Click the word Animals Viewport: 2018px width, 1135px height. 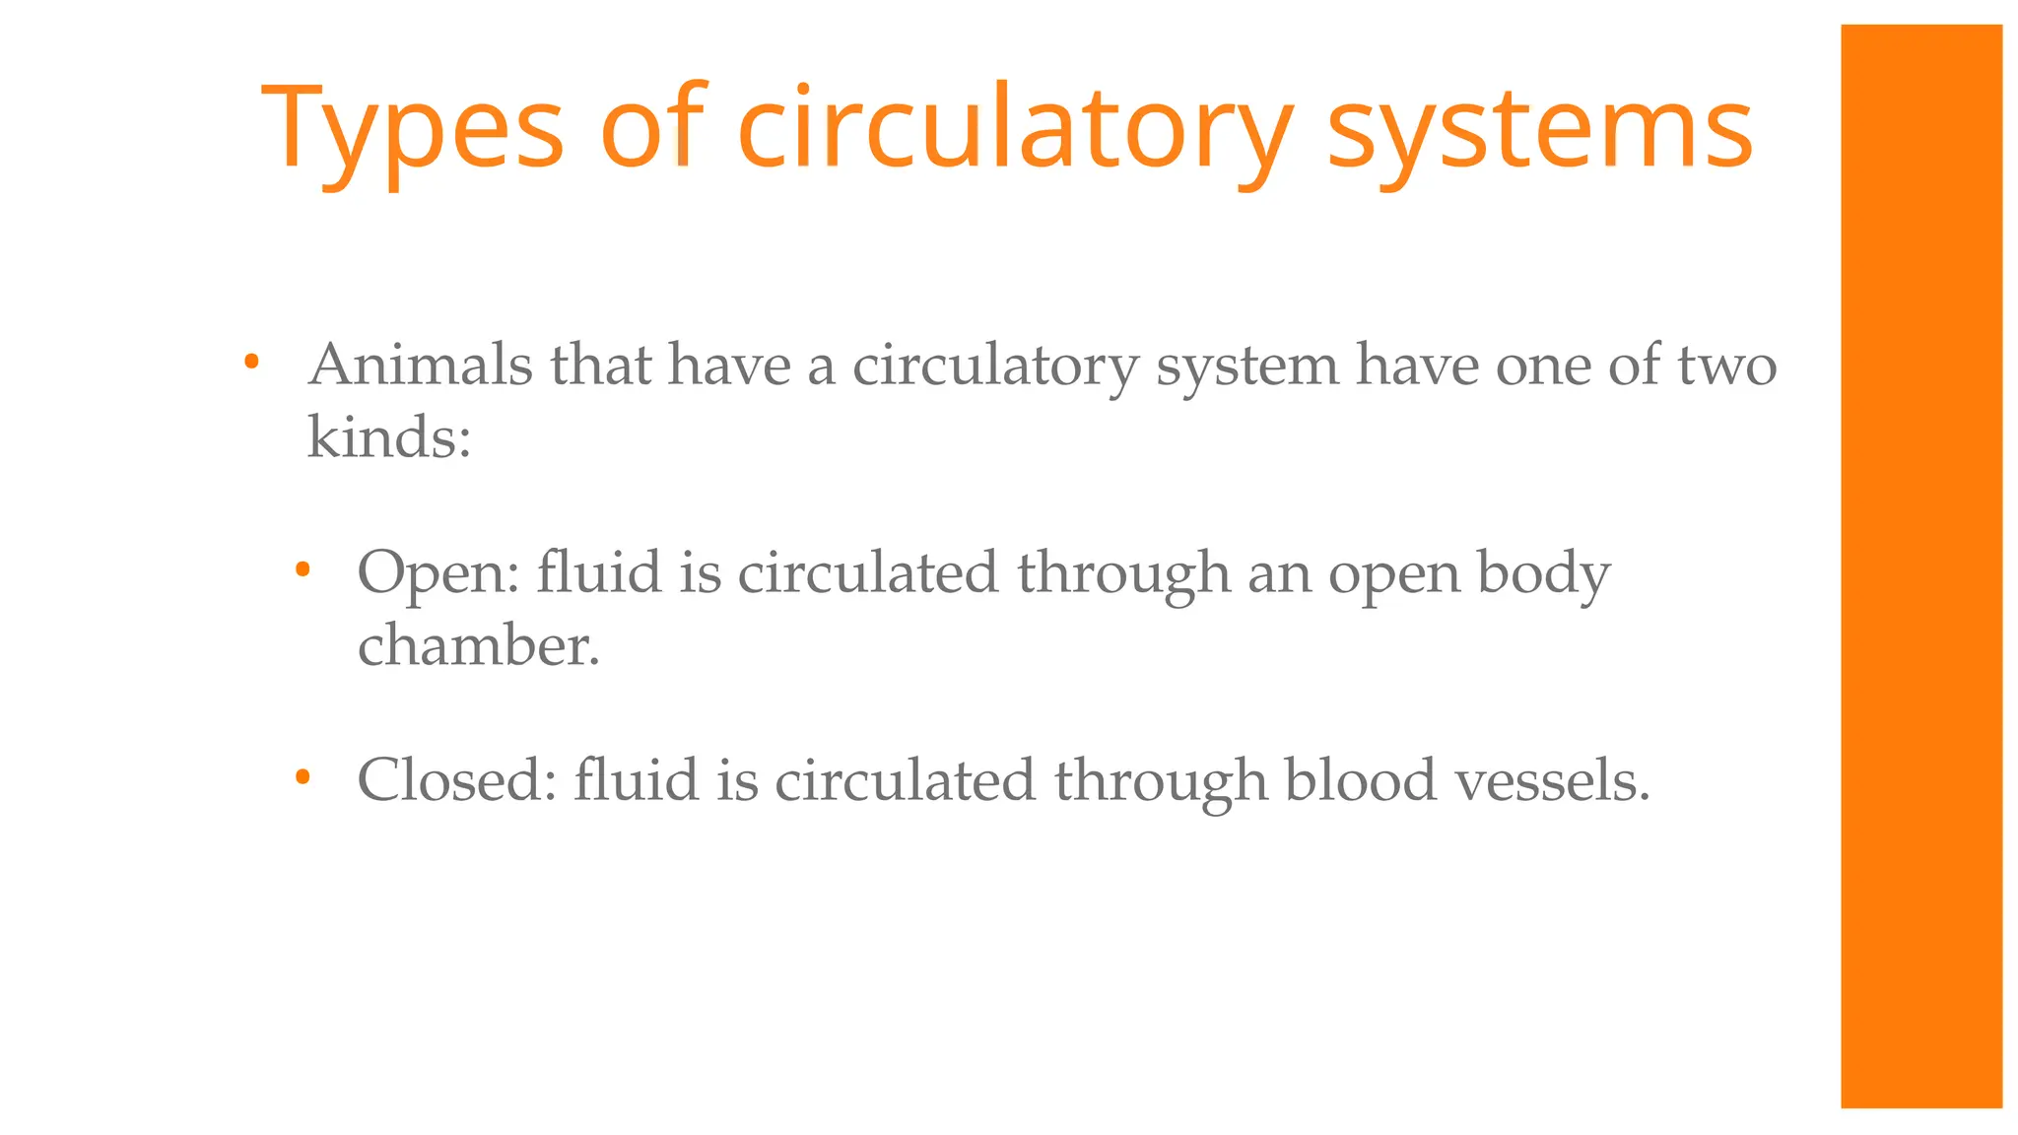421,366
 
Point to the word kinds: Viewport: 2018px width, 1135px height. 389,437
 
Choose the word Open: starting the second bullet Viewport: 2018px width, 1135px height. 438,573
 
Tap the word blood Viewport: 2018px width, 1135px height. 1361,780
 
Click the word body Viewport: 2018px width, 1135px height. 1543,573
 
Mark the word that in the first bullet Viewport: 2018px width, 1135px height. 601,366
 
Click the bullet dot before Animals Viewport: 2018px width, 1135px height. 251,363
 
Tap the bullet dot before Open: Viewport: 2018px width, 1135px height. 303,569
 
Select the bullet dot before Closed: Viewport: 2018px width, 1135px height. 303,777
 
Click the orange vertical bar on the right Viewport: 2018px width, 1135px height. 1920,567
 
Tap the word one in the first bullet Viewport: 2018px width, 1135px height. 1543,366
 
